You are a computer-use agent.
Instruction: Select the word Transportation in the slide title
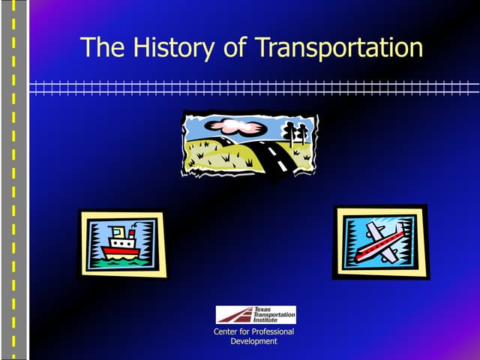(x=339, y=47)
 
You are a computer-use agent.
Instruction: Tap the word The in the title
(x=97, y=47)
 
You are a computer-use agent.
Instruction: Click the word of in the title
(x=236, y=47)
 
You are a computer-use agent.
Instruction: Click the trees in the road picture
(x=295, y=134)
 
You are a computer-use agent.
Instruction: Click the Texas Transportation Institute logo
(x=256, y=314)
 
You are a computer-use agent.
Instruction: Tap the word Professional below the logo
(x=271, y=331)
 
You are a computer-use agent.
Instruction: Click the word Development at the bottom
(x=254, y=341)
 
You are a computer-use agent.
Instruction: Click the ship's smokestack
(x=132, y=232)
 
